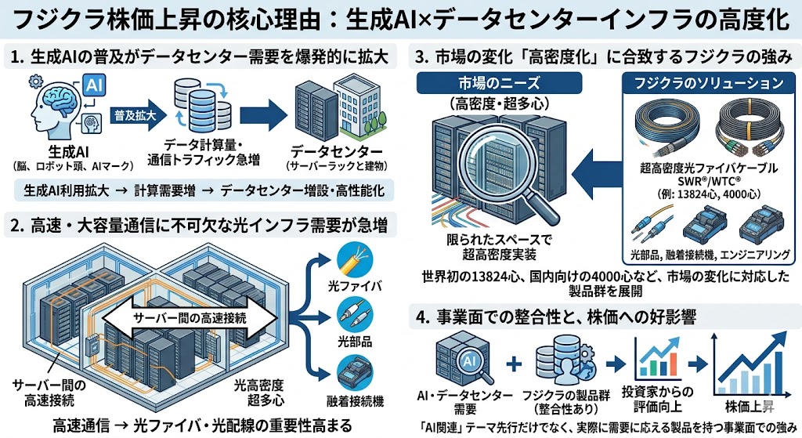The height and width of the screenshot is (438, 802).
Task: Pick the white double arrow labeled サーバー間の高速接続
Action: click(x=192, y=318)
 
